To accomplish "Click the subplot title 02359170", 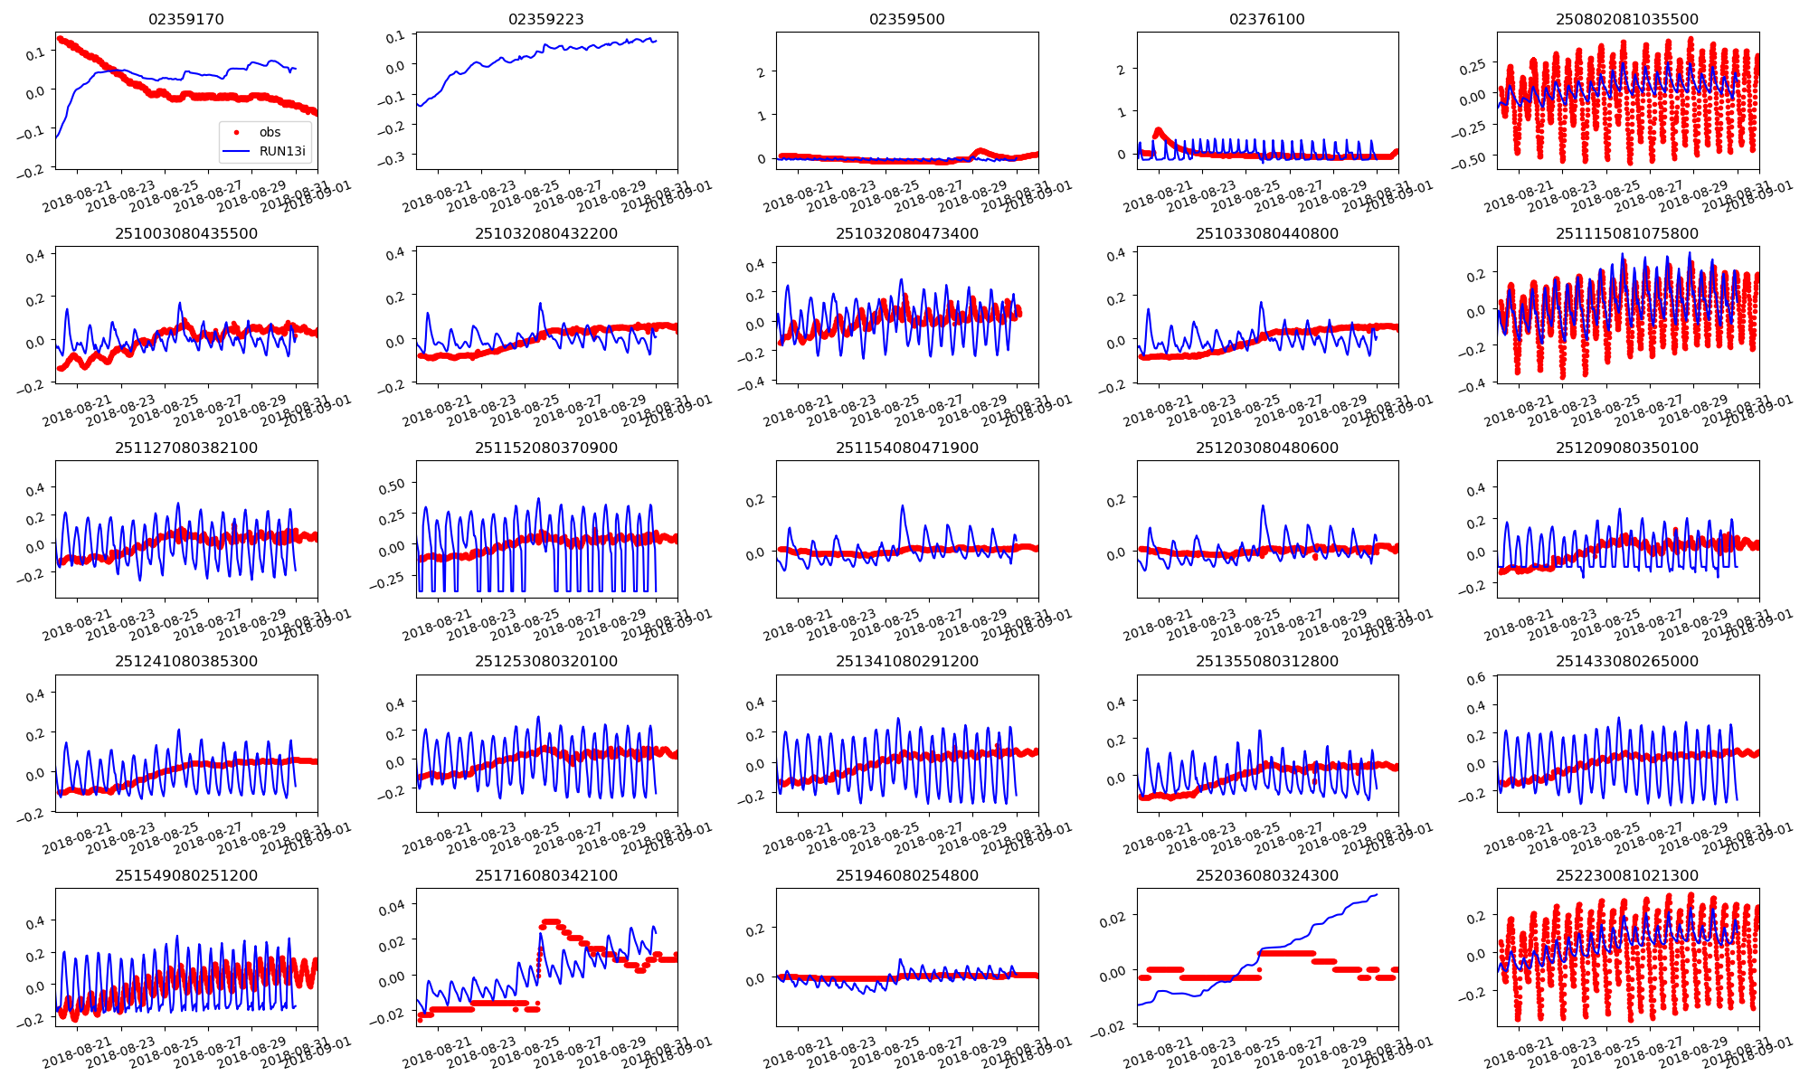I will click(185, 19).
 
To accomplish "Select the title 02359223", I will click(546, 19).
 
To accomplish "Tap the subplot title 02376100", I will click(1267, 19).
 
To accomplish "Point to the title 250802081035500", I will click(1627, 19).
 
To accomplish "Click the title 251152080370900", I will click(546, 448).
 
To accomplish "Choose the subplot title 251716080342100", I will click(546, 875).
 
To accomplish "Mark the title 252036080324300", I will click(1267, 875).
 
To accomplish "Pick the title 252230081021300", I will click(1627, 875).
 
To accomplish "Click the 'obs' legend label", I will click(270, 132).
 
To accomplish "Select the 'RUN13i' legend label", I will click(282, 151).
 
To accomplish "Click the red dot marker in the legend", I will click(237, 132).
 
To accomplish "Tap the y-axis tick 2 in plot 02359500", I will click(762, 73).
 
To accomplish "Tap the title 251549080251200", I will click(185, 875).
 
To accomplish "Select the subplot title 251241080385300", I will click(185, 661).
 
